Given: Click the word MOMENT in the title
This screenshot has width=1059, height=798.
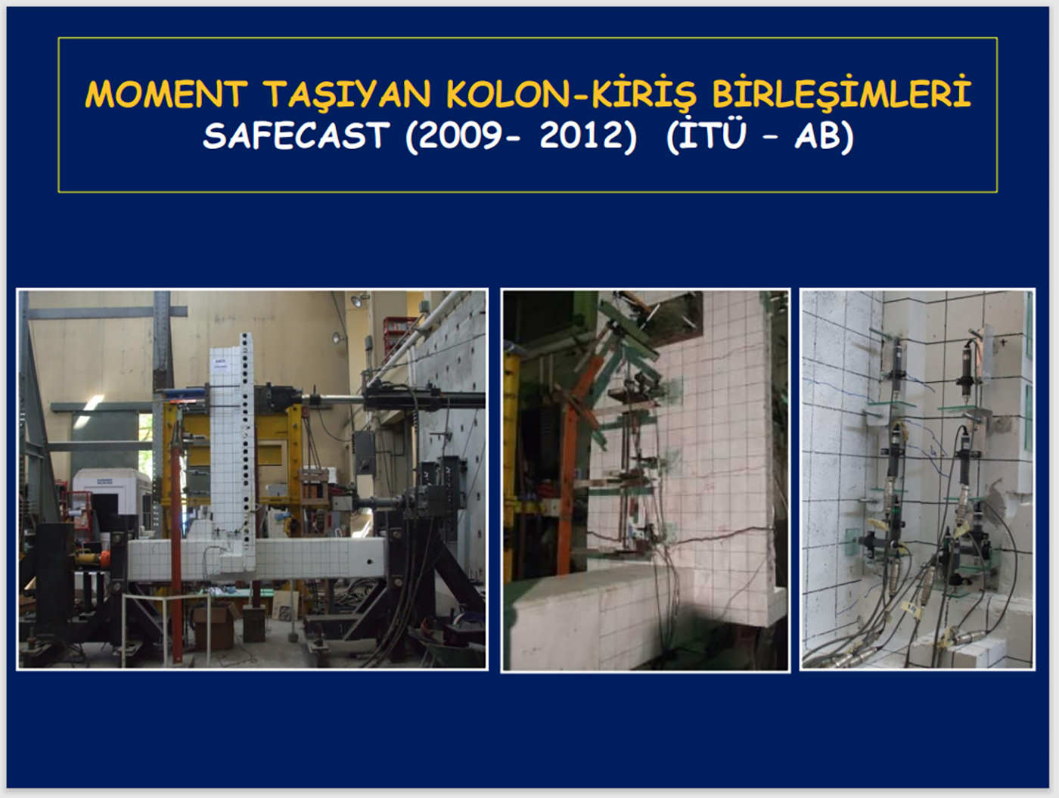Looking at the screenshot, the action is click(166, 94).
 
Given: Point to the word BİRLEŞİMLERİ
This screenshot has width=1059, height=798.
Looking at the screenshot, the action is click(841, 92).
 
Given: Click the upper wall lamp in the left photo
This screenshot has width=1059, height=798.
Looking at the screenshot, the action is click(358, 300).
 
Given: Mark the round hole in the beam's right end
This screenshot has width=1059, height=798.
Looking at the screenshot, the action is click(370, 562).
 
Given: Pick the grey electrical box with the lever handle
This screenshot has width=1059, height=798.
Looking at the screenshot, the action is click(365, 452).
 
